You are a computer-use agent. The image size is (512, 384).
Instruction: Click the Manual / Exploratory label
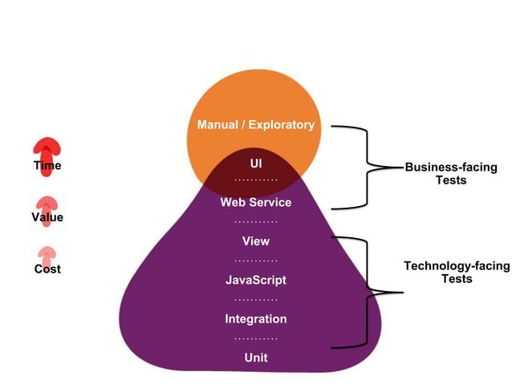coord(256,125)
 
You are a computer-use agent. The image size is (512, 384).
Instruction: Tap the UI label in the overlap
coord(256,163)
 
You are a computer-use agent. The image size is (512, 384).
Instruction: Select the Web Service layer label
coord(256,203)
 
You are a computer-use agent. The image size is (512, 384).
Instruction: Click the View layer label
coord(256,241)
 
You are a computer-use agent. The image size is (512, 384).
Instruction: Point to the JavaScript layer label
coord(256,281)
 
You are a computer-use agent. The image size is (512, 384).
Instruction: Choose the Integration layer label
coord(256,319)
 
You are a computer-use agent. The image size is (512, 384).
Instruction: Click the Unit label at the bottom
coord(256,358)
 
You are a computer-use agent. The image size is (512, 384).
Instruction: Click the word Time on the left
coord(47,166)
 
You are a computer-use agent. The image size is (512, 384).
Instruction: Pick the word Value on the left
coord(47,217)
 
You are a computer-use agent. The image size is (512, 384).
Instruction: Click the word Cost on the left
coord(47,269)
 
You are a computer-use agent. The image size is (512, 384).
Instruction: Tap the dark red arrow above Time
coord(47,148)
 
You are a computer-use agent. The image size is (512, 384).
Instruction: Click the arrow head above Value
coord(47,202)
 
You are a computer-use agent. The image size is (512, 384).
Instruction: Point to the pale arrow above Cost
coord(47,254)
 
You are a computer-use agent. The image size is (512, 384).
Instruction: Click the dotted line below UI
coord(256,181)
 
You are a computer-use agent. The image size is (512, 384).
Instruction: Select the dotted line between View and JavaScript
coord(256,261)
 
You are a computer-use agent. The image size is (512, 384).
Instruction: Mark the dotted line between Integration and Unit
coord(256,338)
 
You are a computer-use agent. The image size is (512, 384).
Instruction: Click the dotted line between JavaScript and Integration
coord(256,299)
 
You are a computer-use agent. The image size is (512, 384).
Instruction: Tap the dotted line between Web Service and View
coord(256,221)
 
